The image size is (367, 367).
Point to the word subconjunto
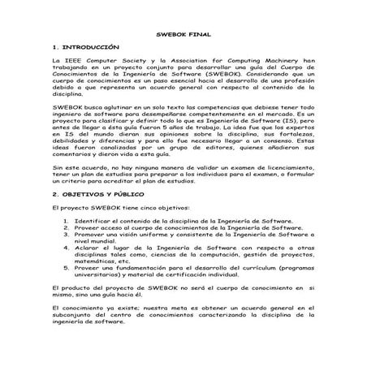pos(76,315)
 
